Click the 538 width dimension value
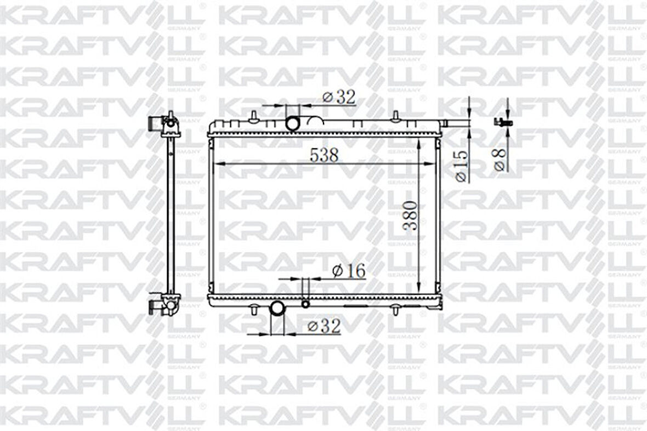324,155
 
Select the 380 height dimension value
411,215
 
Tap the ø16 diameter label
349,270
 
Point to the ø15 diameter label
461,165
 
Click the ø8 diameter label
500,159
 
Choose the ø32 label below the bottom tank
323,326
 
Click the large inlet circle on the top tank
293,124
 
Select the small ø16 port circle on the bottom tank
305,304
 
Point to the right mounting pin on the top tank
395,117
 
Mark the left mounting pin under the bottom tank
253,310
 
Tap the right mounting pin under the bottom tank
395,310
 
